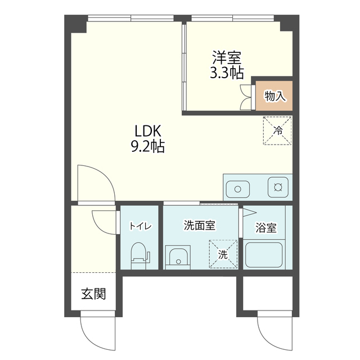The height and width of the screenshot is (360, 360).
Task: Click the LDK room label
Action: tap(148, 131)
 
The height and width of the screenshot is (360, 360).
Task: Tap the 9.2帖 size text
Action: tap(148, 146)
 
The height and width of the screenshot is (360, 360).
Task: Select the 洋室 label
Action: tap(227, 57)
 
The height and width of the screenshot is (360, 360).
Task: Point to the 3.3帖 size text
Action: tap(227, 73)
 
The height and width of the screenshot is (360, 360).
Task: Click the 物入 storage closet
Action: tap(274, 96)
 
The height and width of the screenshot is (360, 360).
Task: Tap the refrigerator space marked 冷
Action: tap(277, 130)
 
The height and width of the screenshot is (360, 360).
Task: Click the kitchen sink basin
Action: tap(237, 189)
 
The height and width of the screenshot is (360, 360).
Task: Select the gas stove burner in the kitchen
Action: tap(278, 187)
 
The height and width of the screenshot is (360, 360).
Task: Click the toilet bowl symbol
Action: tap(139, 256)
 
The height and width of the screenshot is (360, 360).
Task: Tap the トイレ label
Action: tap(140, 226)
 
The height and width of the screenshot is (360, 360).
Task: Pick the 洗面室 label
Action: tap(200, 226)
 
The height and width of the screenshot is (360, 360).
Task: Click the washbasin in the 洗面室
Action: tap(178, 257)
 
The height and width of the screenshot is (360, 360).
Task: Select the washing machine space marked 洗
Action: tap(223, 254)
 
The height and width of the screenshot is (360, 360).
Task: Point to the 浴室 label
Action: tap(266, 227)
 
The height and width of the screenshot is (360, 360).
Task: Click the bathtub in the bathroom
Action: tap(264, 255)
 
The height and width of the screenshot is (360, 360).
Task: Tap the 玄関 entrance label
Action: tap(93, 294)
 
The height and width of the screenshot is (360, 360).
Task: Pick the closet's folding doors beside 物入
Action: tap(246, 97)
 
